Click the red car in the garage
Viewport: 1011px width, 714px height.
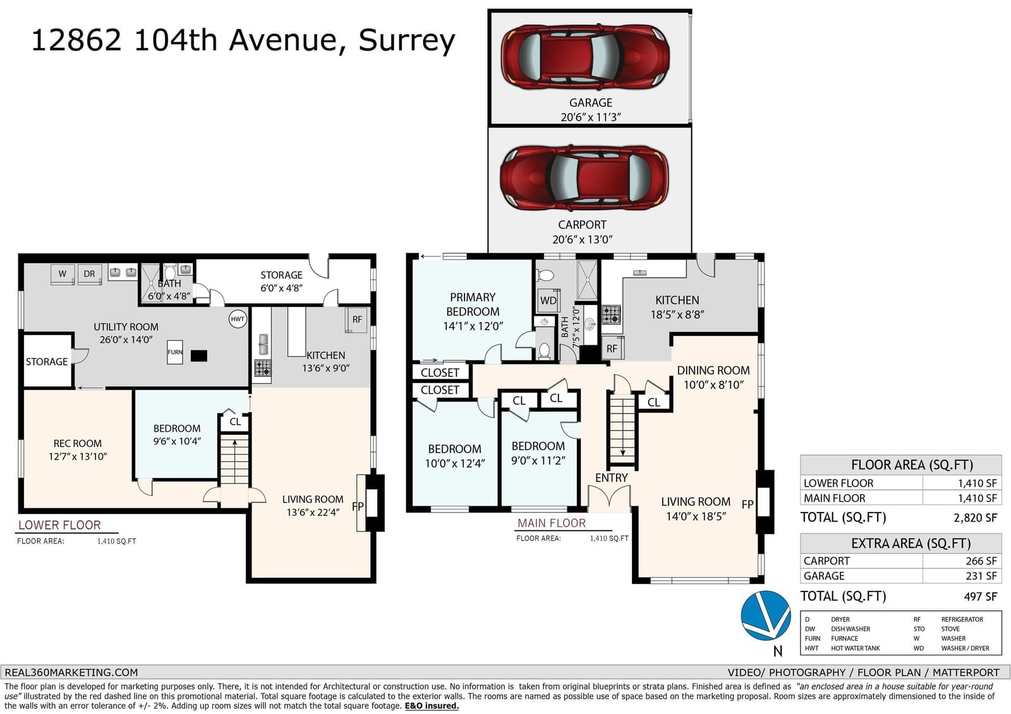coord(585,56)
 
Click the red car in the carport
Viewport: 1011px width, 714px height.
coord(584,177)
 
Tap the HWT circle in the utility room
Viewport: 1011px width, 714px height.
coord(238,319)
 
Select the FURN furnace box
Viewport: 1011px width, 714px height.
coord(174,352)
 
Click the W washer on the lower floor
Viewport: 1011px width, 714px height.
coord(63,274)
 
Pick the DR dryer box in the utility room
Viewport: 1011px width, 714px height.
coord(89,274)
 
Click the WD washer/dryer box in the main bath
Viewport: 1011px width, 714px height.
coord(548,300)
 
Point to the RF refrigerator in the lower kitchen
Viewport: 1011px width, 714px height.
coord(356,320)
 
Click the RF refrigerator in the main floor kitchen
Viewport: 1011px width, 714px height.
coord(612,348)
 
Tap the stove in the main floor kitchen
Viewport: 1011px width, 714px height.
coord(612,315)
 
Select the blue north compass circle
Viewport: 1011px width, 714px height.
coord(765,616)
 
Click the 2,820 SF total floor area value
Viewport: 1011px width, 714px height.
coord(976,517)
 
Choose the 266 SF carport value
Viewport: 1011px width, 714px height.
coord(981,561)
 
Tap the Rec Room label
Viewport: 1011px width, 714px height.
coord(78,443)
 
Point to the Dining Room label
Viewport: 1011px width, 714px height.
coord(713,371)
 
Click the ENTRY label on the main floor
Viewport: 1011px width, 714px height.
coord(612,478)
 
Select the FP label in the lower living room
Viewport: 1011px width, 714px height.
coord(358,506)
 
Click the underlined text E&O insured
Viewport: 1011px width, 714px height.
coord(432,706)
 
